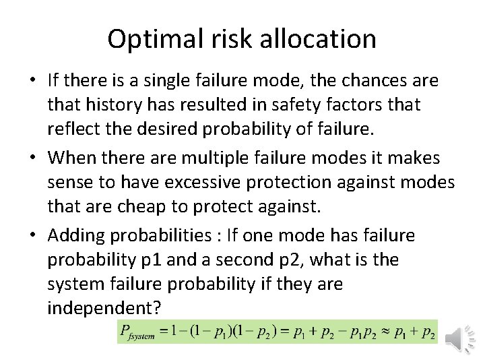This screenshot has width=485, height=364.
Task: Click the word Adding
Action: (75, 236)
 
